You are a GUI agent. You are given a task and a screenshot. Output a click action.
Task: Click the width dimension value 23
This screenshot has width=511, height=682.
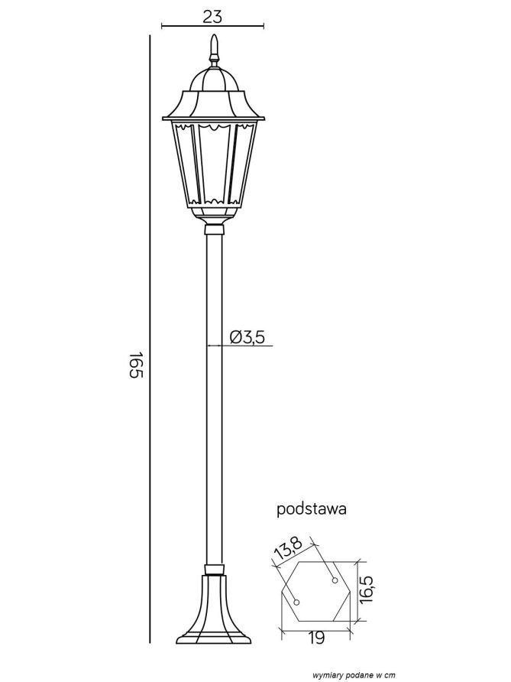212,17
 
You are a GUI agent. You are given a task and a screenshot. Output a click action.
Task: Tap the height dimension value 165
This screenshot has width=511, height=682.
136,365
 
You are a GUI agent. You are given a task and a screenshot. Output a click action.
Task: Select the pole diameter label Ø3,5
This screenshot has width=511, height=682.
247,337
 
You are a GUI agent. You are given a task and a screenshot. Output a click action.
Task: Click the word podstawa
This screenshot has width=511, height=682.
312,509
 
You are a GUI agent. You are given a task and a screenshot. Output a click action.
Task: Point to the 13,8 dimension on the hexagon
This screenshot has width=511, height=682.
288,548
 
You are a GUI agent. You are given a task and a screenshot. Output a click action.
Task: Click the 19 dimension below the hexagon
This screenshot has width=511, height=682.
316,638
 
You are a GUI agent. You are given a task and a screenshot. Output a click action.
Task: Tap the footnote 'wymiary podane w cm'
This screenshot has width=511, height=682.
354,675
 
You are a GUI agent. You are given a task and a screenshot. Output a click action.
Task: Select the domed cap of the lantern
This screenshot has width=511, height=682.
213,80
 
